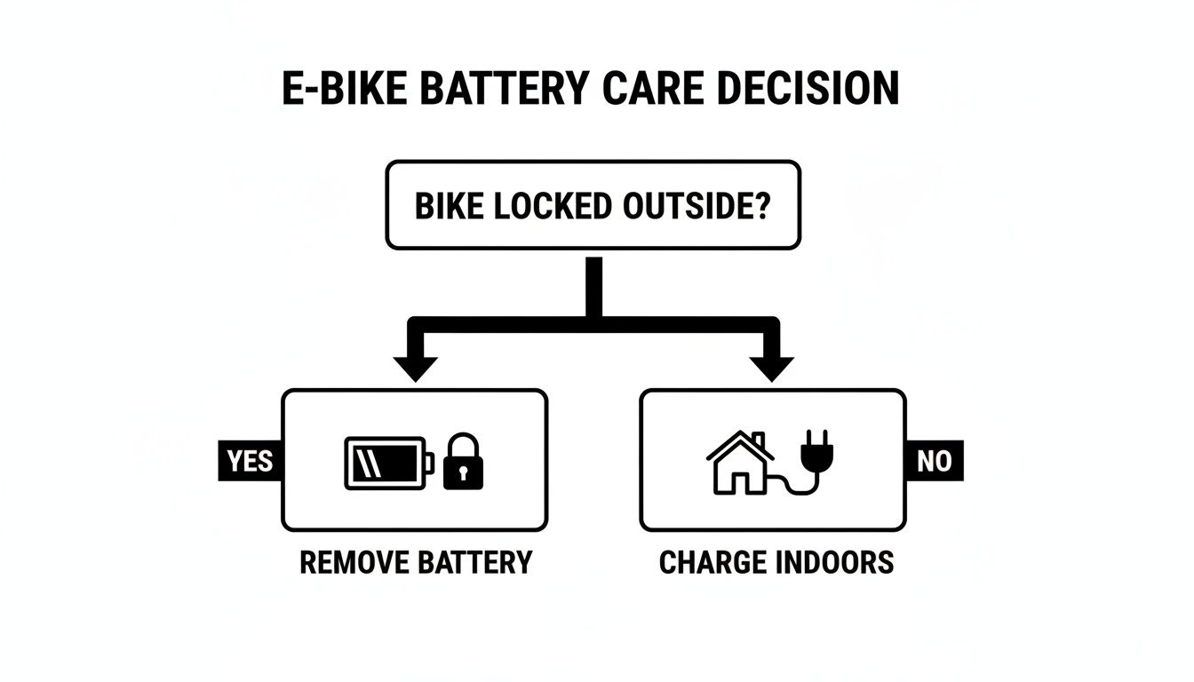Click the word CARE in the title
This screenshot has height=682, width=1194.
[x=646, y=89]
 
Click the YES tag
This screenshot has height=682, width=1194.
[x=251, y=462]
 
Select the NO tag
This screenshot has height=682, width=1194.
[x=935, y=462]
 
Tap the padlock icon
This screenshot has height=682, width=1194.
[x=463, y=462]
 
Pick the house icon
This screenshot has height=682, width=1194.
[x=739, y=464]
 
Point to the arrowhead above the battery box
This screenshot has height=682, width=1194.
[x=415, y=367]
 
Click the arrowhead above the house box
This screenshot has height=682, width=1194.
[x=771, y=367]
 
